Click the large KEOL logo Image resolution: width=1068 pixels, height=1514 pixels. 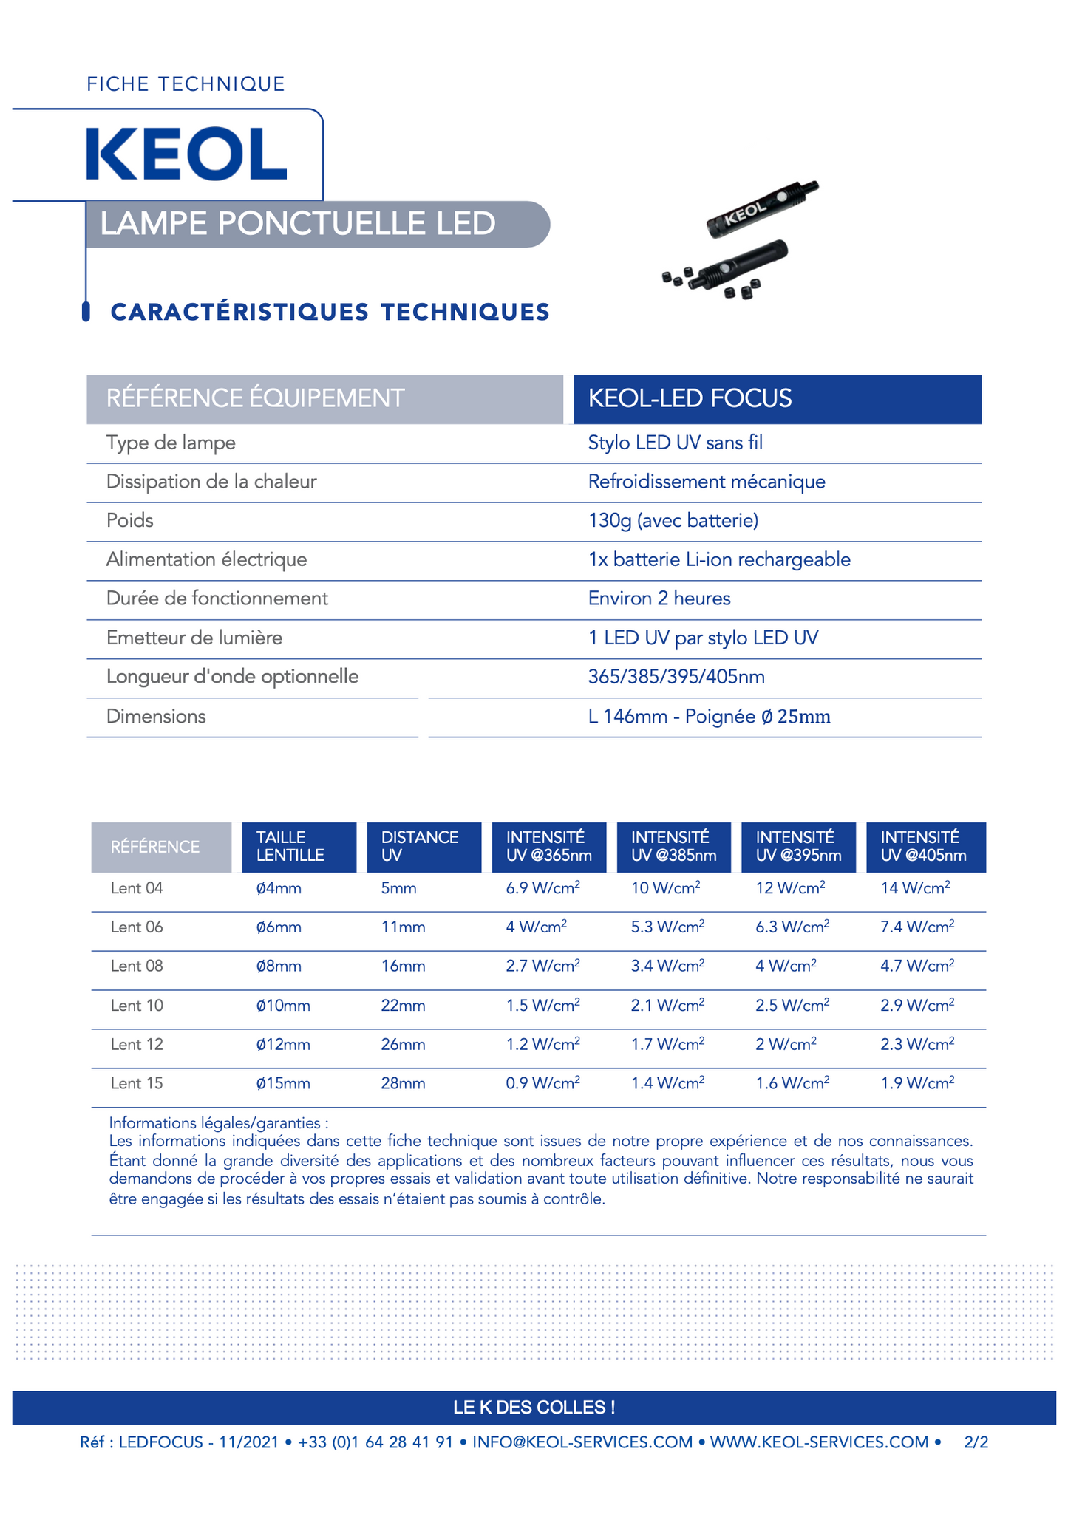(x=186, y=154)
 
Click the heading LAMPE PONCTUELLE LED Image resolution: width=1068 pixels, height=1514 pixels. (x=298, y=224)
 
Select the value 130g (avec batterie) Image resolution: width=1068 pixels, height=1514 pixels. (x=673, y=521)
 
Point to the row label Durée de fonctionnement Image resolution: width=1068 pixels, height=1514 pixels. (x=217, y=599)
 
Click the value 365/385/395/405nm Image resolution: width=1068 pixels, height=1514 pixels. (x=676, y=677)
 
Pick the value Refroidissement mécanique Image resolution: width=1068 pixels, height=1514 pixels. (x=706, y=482)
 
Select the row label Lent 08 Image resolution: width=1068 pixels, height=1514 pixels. (x=137, y=966)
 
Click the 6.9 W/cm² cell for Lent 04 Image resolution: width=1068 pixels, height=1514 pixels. (x=542, y=888)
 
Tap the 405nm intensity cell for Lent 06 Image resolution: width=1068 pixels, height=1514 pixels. (x=916, y=927)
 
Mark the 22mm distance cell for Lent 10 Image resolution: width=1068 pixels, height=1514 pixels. (x=403, y=1006)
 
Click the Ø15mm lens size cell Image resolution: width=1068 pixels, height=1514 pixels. (x=283, y=1084)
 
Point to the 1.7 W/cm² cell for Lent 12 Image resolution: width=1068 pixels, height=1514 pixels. (x=667, y=1045)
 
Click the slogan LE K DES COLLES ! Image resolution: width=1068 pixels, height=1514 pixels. (x=534, y=1408)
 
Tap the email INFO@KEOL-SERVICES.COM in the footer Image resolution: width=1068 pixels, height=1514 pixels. (x=582, y=1442)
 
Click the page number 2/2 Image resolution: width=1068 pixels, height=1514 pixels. (x=976, y=1442)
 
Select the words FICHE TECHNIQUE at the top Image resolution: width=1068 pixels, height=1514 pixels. (x=186, y=84)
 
